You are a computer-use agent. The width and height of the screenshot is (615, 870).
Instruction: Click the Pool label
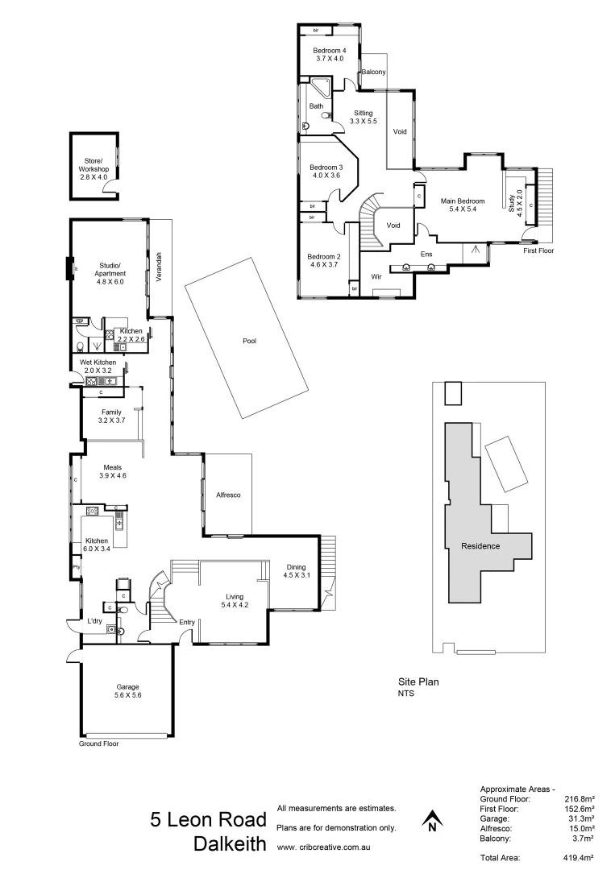249,341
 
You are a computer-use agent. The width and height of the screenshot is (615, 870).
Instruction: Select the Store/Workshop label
93,165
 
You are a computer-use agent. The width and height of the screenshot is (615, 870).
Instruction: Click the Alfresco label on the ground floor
228,495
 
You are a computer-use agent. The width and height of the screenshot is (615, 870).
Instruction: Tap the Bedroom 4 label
329,50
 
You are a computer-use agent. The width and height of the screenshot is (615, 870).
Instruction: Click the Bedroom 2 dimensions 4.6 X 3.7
324,264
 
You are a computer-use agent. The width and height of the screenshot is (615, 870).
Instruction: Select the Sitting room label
363,113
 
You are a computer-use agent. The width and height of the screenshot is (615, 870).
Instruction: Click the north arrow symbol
433,821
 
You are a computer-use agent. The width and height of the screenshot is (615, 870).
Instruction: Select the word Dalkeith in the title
230,844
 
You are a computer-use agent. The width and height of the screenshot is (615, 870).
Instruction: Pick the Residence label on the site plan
480,546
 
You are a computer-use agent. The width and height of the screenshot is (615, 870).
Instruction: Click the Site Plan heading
419,681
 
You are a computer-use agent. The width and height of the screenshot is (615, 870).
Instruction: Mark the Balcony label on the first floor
373,72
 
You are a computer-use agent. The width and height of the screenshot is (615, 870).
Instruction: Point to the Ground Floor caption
98,744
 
